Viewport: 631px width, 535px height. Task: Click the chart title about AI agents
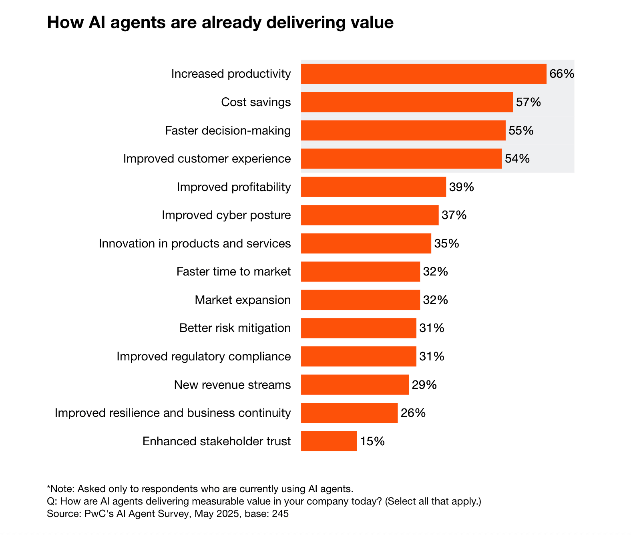tap(220, 22)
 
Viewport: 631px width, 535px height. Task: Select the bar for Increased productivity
tap(424, 74)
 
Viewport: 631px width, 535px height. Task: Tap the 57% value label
tap(528, 102)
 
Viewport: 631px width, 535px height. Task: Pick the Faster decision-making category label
tap(228, 131)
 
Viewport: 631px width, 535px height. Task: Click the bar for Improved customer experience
tap(401, 159)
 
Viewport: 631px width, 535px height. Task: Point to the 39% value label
tap(461, 187)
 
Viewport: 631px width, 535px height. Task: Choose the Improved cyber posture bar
tap(370, 215)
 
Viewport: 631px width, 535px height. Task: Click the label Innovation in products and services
tap(195, 243)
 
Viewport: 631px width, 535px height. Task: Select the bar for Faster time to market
tap(360, 272)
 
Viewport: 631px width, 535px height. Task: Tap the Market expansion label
tap(243, 300)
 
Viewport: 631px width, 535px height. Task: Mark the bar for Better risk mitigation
tap(358, 328)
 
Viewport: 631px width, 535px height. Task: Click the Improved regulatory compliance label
tap(203, 356)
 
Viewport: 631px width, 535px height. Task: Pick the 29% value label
tap(424, 385)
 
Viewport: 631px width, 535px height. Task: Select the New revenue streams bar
tap(355, 385)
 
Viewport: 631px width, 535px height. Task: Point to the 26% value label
tap(413, 413)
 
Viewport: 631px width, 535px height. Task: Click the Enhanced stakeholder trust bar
tap(329, 441)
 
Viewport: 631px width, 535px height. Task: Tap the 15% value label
tap(372, 441)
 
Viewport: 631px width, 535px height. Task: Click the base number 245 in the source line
tap(280, 514)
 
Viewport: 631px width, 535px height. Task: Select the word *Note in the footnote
tap(60, 489)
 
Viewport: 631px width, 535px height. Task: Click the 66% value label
tap(562, 74)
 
